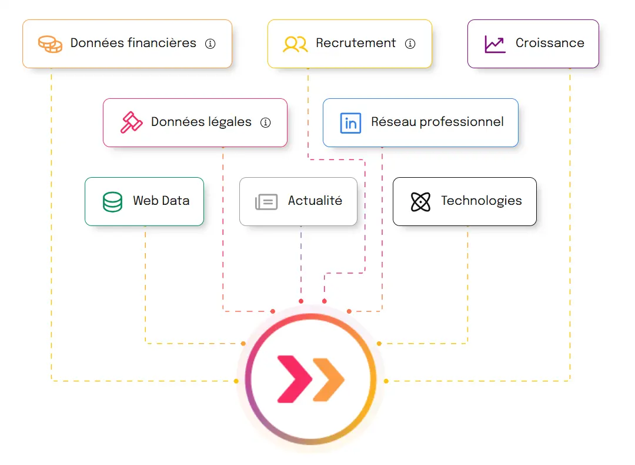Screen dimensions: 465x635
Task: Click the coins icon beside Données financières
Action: click(x=50, y=44)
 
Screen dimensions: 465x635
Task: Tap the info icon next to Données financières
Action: click(x=210, y=44)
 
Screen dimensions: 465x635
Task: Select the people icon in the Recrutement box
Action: click(x=295, y=44)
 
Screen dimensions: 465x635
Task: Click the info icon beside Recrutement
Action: click(x=410, y=44)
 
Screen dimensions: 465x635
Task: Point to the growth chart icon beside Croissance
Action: click(x=494, y=44)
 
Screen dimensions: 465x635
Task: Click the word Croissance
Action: click(x=550, y=43)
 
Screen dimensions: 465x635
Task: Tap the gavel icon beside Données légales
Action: click(x=132, y=122)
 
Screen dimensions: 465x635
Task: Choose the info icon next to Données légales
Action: click(x=265, y=122)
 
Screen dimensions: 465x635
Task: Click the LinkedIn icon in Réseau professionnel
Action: click(x=350, y=123)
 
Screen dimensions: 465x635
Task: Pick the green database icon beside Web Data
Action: click(x=112, y=201)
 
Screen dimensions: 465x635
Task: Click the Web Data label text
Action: click(x=161, y=201)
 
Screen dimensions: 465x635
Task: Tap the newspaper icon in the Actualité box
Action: click(x=266, y=202)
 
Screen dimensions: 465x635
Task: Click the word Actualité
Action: click(x=315, y=201)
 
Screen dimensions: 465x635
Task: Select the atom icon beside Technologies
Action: click(x=420, y=202)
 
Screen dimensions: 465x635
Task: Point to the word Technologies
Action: click(x=481, y=201)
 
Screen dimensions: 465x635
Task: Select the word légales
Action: click(x=230, y=122)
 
